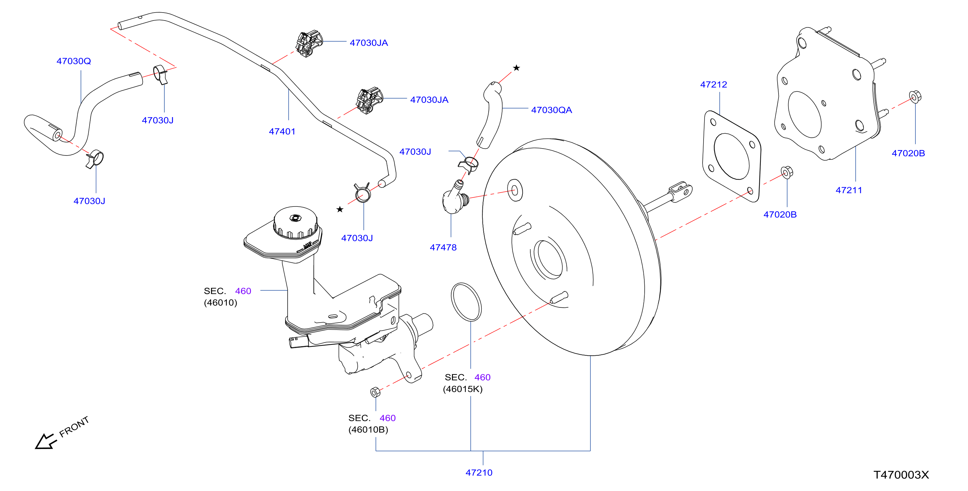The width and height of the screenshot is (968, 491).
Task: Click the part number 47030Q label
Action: (74, 61)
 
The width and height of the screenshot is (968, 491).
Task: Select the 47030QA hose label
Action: (551, 110)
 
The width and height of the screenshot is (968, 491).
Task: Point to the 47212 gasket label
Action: (713, 85)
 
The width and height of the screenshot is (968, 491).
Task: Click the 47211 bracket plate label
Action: (849, 190)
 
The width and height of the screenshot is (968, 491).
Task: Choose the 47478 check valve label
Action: (443, 247)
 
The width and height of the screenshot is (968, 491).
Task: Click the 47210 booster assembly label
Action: (479, 472)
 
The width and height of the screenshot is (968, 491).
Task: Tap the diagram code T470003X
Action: (901, 475)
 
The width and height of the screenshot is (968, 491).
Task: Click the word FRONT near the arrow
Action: (74, 427)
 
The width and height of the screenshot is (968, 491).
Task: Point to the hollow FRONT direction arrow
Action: (45, 441)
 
